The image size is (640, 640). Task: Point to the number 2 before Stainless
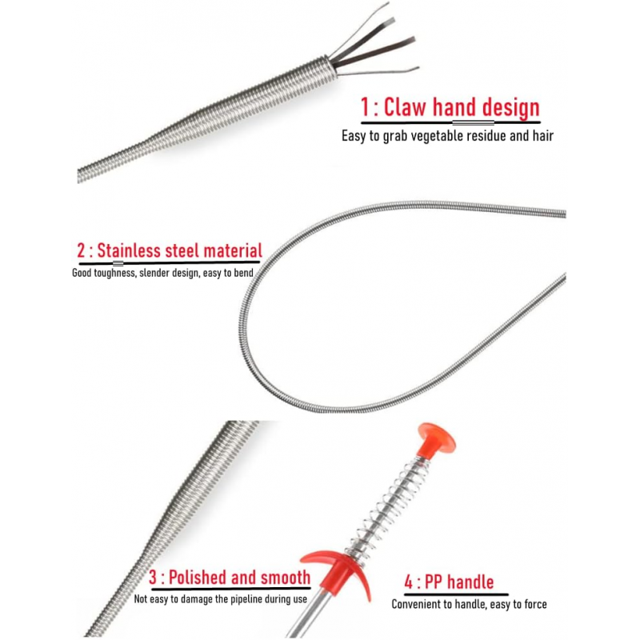point(80,250)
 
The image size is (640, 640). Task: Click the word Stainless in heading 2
point(129,250)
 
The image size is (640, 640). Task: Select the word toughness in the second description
point(118,272)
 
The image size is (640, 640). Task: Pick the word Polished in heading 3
point(201,577)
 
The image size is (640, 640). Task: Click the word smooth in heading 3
point(286,577)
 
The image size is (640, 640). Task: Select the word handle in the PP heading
point(468,582)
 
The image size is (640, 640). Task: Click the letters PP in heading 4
point(431,582)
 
